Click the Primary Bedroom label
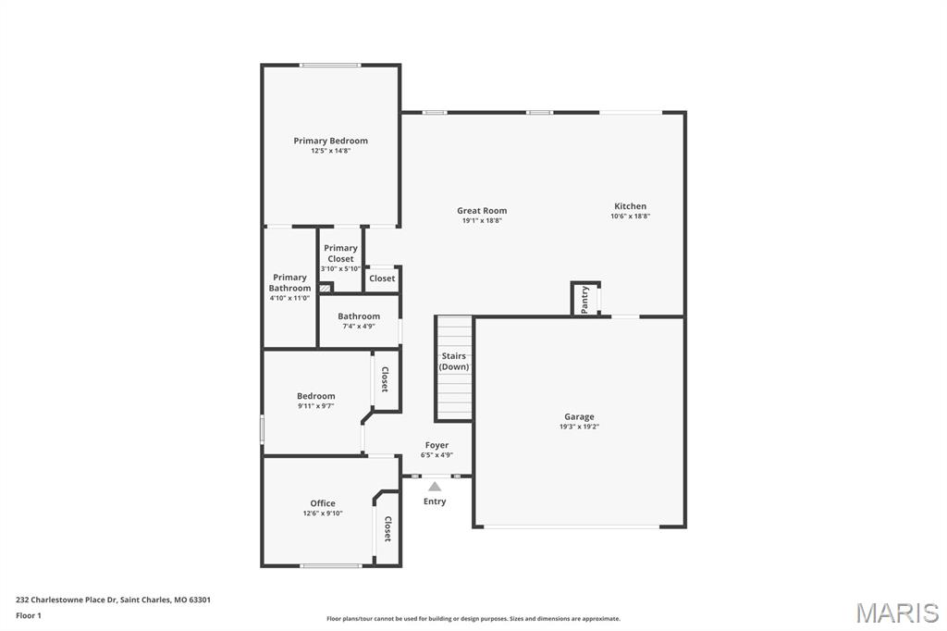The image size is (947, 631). tap(330, 141)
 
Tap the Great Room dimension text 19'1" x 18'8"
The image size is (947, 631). tap(482, 220)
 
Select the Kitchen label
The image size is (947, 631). tap(630, 206)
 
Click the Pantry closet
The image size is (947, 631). tap(584, 299)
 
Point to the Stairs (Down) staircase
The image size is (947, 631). tap(453, 368)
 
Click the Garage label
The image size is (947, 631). tap(579, 416)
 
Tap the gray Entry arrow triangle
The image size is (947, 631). tap(435, 487)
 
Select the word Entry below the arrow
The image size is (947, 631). tap(435, 501)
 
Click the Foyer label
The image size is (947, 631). tap(437, 445)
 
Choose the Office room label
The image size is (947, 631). tap(323, 503)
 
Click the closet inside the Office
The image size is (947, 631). tap(387, 529)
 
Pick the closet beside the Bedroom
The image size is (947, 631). tap(385, 379)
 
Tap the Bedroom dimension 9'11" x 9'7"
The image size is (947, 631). tap(315, 405)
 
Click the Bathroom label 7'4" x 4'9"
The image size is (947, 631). tap(359, 326)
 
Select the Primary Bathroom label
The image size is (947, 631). tap(289, 282)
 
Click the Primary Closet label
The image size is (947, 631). tap(340, 253)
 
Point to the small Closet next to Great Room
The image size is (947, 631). tap(382, 278)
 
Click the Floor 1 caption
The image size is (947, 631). tap(29, 615)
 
